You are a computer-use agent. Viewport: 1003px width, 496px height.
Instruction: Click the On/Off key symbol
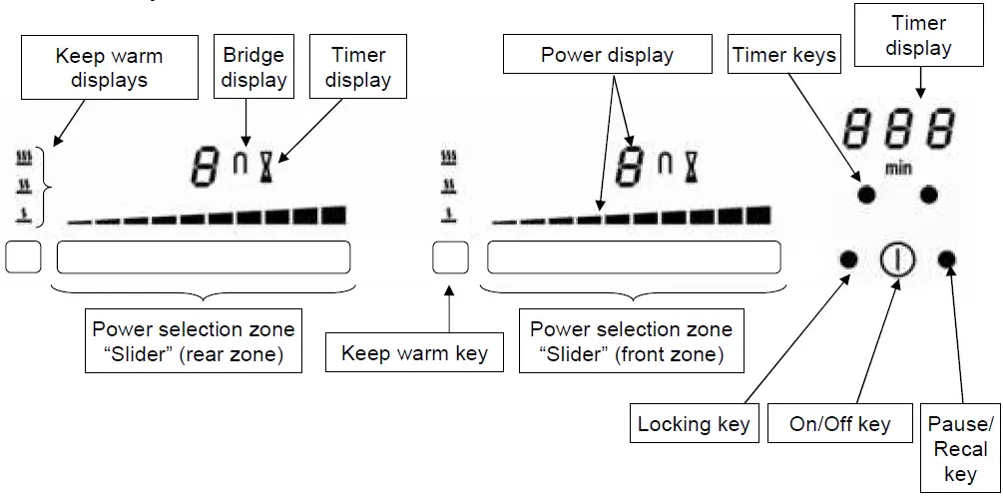point(897,260)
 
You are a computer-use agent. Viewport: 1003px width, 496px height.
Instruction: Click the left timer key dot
point(866,195)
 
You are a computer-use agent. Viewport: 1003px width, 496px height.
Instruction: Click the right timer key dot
point(930,195)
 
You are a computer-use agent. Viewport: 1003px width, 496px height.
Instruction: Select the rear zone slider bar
point(204,257)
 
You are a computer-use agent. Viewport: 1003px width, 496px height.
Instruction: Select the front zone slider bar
point(633,257)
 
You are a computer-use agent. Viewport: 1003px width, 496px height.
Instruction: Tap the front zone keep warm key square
point(451,257)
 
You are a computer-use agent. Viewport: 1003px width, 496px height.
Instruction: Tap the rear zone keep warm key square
point(23,257)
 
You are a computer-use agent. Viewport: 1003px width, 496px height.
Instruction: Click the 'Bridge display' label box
point(254,68)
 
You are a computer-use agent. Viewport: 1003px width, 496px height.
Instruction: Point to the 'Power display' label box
point(607,56)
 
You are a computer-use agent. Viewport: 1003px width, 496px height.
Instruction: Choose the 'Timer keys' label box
point(783,56)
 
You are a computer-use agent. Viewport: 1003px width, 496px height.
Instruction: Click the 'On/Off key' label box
point(839,425)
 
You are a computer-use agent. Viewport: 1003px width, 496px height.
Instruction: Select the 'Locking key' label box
point(694,425)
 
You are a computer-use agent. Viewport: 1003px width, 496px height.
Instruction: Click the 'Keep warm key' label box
point(414,353)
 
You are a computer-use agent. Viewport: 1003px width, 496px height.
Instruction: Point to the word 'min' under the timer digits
point(898,169)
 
